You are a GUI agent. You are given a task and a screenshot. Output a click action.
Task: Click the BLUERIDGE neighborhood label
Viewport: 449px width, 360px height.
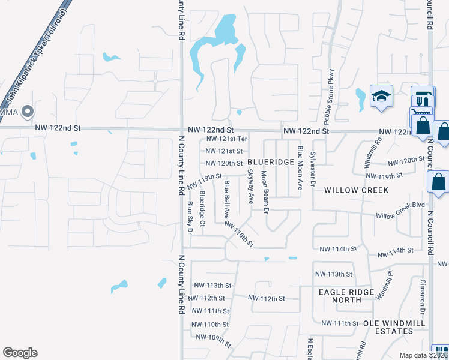pos(271,163)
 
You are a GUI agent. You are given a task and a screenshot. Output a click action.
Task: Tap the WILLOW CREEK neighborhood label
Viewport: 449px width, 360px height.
pos(356,190)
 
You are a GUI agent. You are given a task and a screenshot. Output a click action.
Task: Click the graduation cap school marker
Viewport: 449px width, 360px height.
pos(381,97)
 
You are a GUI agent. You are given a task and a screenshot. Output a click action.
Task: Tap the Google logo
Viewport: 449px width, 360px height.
pos(20,353)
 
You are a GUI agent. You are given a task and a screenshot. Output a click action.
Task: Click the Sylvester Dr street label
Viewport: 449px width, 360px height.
pos(312,169)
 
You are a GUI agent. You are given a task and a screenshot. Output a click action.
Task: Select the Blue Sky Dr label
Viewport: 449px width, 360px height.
pos(190,217)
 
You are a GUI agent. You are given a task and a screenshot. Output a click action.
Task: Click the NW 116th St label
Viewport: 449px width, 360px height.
pos(240,235)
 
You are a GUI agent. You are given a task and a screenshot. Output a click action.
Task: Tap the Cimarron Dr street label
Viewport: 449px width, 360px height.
pos(422,298)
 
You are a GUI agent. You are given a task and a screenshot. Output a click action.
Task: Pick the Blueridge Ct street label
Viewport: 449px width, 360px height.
pos(203,205)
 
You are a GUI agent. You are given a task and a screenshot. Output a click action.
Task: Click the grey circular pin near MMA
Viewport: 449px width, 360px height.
pos(27,111)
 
